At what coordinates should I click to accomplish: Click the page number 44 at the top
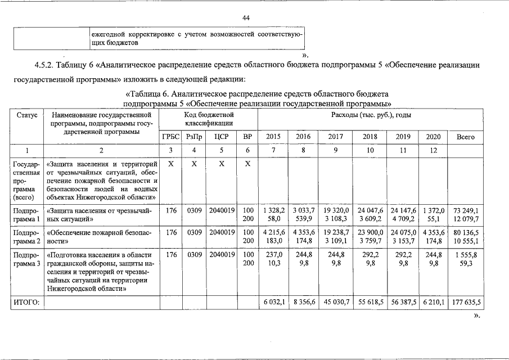click(246, 18)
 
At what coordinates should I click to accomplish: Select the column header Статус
click(27, 115)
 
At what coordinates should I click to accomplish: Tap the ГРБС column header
click(170, 137)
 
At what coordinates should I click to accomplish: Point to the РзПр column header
click(193, 137)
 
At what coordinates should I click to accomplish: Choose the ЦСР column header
click(222, 137)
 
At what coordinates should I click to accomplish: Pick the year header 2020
click(433, 137)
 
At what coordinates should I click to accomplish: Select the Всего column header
click(465, 137)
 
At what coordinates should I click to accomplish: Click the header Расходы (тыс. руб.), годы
click(371, 115)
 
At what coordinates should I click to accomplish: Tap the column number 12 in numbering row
click(433, 150)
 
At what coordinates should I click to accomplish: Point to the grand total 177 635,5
click(465, 302)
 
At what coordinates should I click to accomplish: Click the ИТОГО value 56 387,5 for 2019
click(403, 302)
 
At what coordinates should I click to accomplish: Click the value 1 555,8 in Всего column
click(465, 254)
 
